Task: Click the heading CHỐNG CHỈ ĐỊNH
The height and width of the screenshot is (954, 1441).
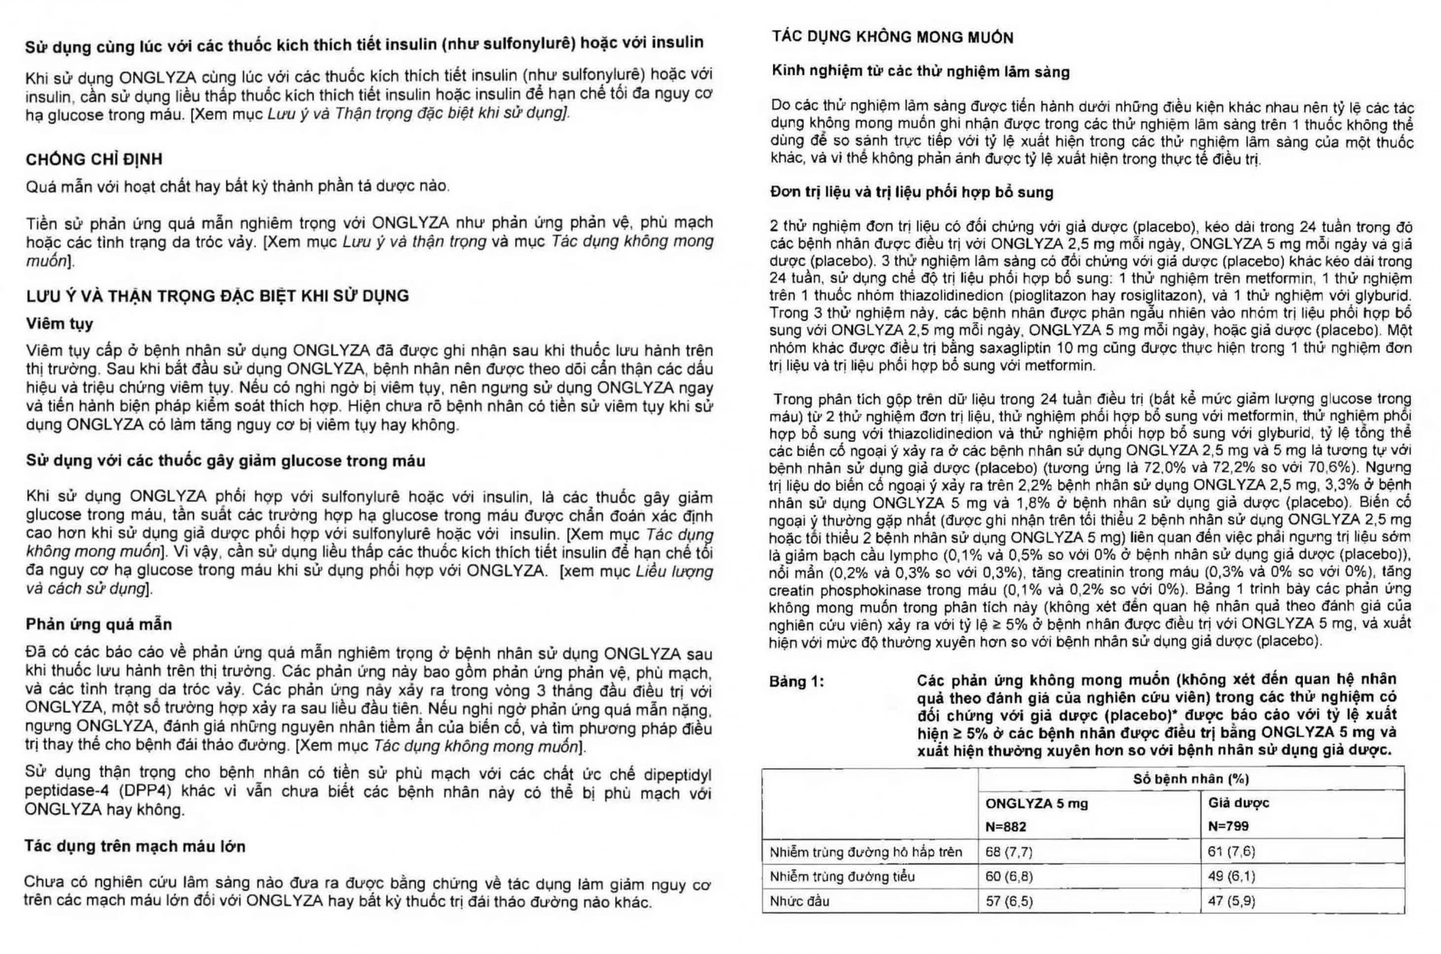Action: (94, 159)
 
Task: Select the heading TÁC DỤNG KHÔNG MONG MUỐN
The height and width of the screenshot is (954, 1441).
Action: (893, 38)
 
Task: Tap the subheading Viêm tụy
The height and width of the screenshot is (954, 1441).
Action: (60, 323)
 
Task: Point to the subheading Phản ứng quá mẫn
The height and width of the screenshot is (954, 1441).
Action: (99, 624)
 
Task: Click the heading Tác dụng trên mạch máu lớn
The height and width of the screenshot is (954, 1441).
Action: (135, 847)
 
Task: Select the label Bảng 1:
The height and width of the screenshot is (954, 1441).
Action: (797, 681)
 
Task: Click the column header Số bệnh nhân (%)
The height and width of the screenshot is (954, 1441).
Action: (1191, 778)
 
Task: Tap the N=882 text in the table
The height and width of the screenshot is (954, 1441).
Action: (1006, 826)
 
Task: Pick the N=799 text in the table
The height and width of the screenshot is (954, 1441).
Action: (1229, 826)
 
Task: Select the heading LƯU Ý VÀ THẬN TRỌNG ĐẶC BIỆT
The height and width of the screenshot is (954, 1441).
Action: (217, 296)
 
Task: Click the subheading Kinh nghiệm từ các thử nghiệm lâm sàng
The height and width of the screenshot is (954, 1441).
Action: (920, 73)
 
